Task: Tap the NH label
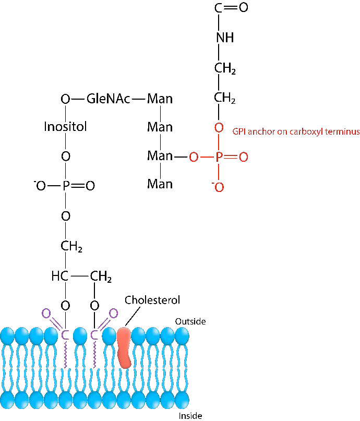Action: pos(224,38)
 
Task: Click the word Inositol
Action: pos(65,127)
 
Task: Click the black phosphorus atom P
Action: pos(66,186)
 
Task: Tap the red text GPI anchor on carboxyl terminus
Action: pos(296,132)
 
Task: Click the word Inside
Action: pos(190,416)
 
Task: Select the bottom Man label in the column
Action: pos(160,184)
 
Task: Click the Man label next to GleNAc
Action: pos(160,99)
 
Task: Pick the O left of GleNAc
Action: pos(65,99)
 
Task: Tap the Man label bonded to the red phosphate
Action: pos(160,156)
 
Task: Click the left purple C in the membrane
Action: pos(65,335)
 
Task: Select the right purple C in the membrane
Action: pos(95,335)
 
